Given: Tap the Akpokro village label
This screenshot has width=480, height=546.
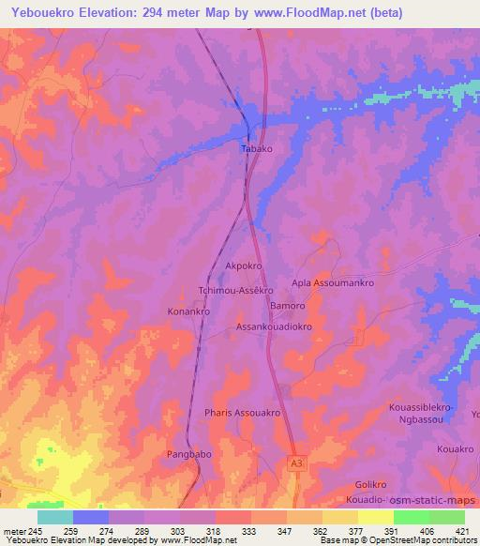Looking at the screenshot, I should click(x=243, y=266).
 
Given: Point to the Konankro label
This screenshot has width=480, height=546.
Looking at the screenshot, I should click(x=187, y=311).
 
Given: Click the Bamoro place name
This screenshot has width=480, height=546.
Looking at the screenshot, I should click(x=288, y=306).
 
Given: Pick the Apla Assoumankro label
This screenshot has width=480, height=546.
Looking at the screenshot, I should click(x=333, y=282).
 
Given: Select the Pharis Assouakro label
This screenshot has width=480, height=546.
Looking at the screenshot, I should click(x=242, y=412).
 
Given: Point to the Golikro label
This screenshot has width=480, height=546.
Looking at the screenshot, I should click(x=372, y=484).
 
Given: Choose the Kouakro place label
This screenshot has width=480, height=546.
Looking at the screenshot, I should click(x=456, y=449).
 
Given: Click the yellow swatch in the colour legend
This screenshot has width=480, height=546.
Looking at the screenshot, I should click(x=375, y=517).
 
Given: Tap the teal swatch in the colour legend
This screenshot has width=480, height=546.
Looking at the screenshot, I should click(x=55, y=517).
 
